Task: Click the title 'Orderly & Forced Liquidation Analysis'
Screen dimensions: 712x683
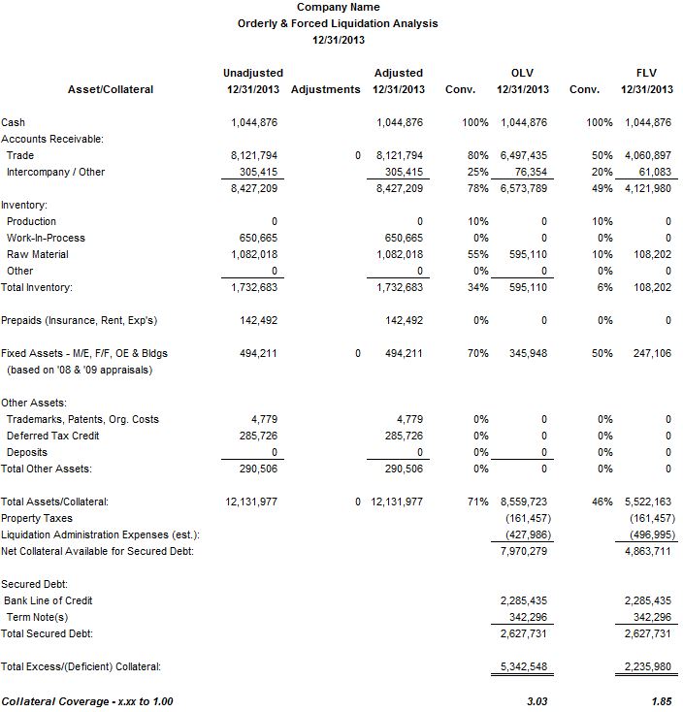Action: pyautogui.click(x=338, y=23)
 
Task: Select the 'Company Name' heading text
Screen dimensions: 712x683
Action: pyautogui.click(x=338, y=8)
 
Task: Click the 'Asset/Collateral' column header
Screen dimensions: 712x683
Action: pyautogui.click(x=111, y=89)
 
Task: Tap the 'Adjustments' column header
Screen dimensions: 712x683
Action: pyautogui.click(x=325, y=89)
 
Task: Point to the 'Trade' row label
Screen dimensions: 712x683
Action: pyautogui.click(x=19, y=155)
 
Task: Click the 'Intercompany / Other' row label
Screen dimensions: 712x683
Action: pyautogui.click(x=55, y=172)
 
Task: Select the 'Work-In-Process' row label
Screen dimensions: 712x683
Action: pyautogui.click(x=46, y=238)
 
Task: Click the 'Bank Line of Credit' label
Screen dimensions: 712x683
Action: pyautogui.click(x=48, y=600)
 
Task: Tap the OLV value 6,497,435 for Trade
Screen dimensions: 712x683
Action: pyautogui.click(x=524, y=155)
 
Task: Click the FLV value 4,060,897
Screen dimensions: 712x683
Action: pyautogui.click(x=648, y=155)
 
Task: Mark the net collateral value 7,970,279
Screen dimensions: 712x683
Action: pyautogui.click(x=524, y=551)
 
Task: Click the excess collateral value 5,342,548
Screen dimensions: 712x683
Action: pyautogui.click(x=524, y=666)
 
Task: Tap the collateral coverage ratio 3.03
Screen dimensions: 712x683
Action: pyautogui.click(x=537, y=700)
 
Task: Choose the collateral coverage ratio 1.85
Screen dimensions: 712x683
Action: pyautogui.click(x=661, y=700)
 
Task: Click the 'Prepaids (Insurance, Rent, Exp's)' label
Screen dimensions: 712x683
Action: pyautogui.click(x=80, y=320)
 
